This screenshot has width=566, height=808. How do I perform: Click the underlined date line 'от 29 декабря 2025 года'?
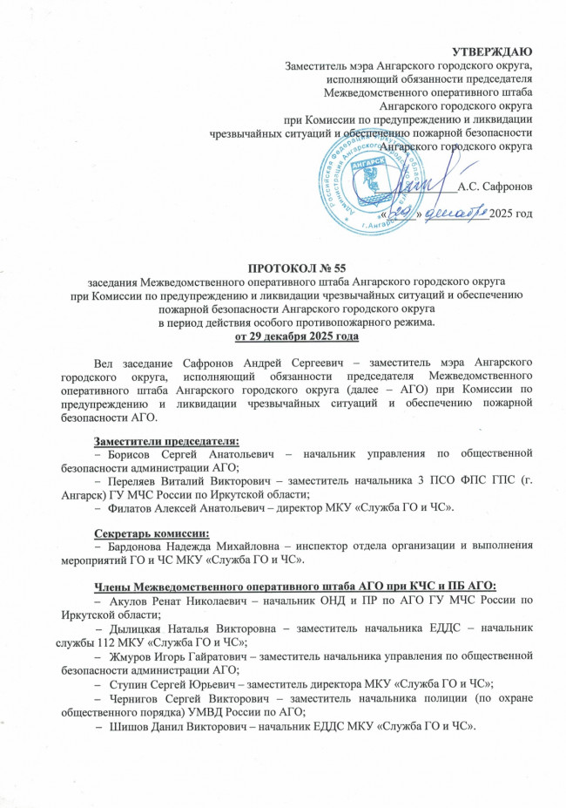283,336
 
